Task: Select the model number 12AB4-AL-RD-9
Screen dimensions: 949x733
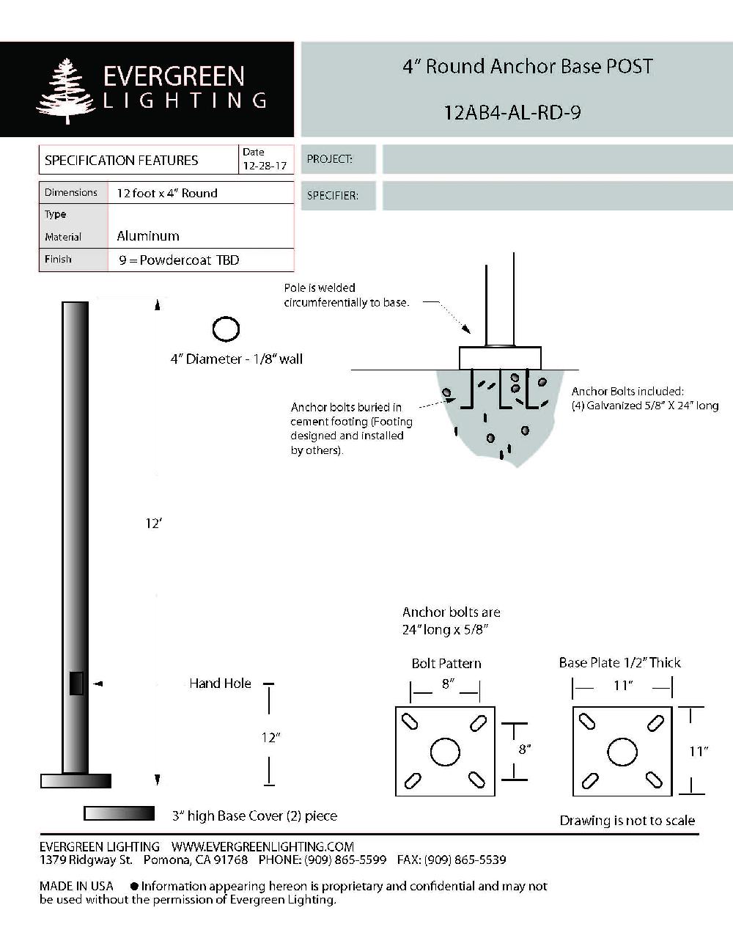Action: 512,113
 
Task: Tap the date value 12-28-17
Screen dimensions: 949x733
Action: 265,166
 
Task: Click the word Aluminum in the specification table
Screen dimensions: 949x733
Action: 148,236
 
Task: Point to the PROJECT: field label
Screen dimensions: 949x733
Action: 329,159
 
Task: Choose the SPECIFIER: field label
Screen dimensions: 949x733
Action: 332,196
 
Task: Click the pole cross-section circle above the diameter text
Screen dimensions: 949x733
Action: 226,329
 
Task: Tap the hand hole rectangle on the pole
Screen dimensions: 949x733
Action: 76,684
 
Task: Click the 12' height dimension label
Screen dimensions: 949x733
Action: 153,524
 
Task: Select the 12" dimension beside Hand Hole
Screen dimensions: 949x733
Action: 270,737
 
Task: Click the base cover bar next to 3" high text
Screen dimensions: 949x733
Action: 119,813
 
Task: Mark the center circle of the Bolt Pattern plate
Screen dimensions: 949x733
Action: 445,752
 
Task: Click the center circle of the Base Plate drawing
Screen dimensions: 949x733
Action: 622,752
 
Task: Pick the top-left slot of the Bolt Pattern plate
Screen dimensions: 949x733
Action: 411,722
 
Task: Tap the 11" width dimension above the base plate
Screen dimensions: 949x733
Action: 623,686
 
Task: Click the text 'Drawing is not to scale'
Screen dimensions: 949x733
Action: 627,821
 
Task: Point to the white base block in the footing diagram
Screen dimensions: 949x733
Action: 500,358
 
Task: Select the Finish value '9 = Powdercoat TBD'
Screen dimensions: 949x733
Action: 179,260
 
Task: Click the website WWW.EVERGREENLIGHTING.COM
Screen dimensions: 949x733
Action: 262,846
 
